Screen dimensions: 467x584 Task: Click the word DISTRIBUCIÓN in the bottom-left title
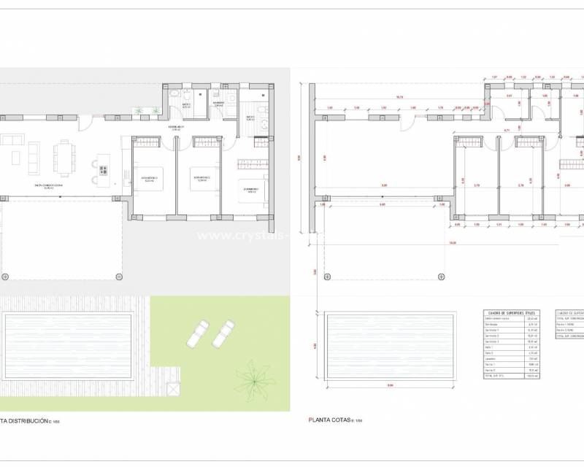(x=28, y=421)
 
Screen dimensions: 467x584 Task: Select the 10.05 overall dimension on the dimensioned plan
(x=453, y=243)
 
